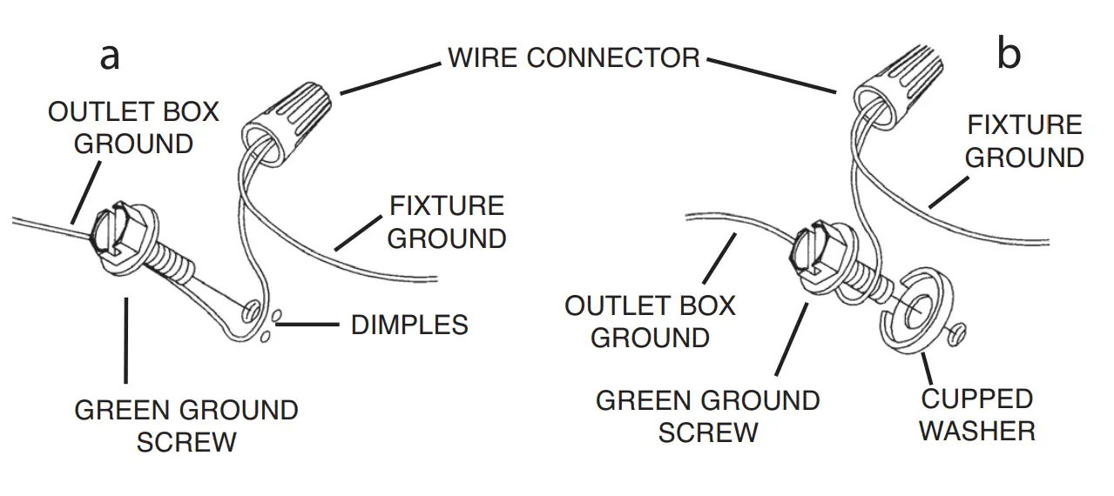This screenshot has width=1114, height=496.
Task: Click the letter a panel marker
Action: tap(109, 56)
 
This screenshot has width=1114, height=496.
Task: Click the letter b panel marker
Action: tap(1008, 55)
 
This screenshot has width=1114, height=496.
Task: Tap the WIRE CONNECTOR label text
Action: tap(573, 58)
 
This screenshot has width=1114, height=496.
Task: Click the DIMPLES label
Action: tap(409, 325)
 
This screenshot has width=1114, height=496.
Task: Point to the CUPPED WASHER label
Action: tap(976, 415)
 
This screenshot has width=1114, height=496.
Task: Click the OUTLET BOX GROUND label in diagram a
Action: tap(133, 127)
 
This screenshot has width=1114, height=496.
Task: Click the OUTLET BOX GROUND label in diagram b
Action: tap(650, 321)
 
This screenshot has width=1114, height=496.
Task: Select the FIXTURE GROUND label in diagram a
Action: tap(446, 222)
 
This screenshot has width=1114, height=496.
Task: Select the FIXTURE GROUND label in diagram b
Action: tap(1024, 141)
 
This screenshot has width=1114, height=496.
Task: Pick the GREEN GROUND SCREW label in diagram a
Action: tap(186, 426)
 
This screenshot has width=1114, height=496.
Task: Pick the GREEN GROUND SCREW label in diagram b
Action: tap(707, 416)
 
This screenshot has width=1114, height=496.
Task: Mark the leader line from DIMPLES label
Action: tap(310, 325)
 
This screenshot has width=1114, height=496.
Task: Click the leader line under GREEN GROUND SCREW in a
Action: tap(126, 339)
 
